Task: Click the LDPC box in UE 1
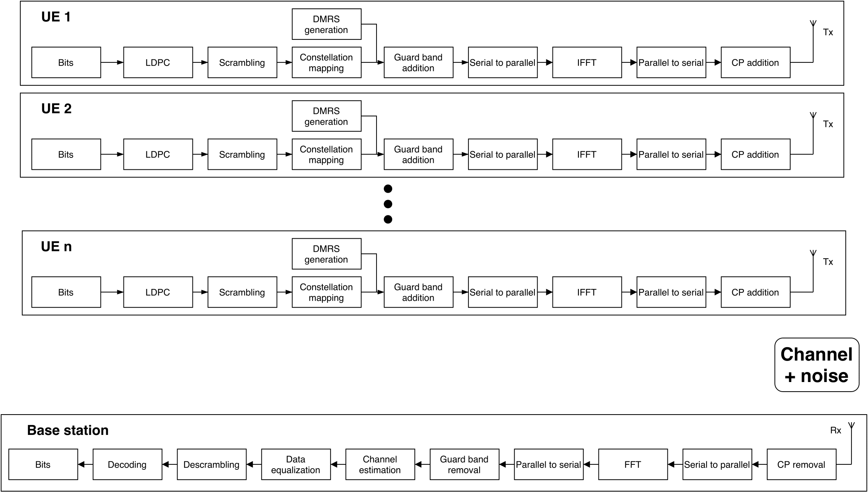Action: click(158, 62)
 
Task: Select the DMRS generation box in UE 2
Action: click(326, 116)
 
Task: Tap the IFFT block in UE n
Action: click(587, 292)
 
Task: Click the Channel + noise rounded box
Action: click(817, 365)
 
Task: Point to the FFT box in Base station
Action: click(633, 464)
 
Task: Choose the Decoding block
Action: click(127, 464)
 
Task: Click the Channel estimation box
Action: click(380, 464)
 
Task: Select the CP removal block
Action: click(801, 464)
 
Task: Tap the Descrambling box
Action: click(211, 464)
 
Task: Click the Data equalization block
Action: click(296, 464)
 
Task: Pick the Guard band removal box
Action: click(464, 464)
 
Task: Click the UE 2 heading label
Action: click(56, 109)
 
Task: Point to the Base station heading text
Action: click(68, 430)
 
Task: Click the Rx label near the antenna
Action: click(835, 430)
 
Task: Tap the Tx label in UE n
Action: click(828, 262)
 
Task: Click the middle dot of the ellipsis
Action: click(388, 204)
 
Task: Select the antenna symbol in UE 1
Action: click(813, 24)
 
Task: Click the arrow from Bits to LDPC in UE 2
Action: click(112, 154)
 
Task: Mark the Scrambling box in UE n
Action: click(242, 292)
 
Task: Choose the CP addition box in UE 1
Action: click(755, 62)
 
